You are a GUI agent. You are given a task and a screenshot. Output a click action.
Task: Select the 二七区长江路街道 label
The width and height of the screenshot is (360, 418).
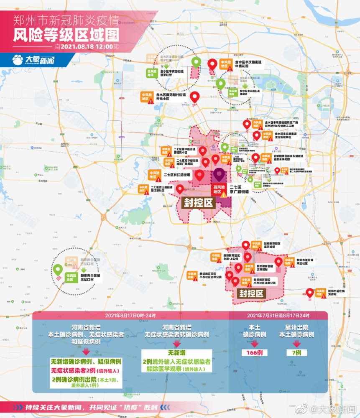point(176,175)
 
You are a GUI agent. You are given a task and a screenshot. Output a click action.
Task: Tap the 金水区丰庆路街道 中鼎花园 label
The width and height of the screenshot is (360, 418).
point(248,64)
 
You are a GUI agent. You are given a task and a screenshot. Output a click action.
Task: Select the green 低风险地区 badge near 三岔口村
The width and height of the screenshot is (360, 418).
point(71,277)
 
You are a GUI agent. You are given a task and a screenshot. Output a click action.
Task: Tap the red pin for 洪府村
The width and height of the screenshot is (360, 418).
point(310,293)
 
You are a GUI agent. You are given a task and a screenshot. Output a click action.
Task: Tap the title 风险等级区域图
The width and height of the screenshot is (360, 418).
point(66,33)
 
